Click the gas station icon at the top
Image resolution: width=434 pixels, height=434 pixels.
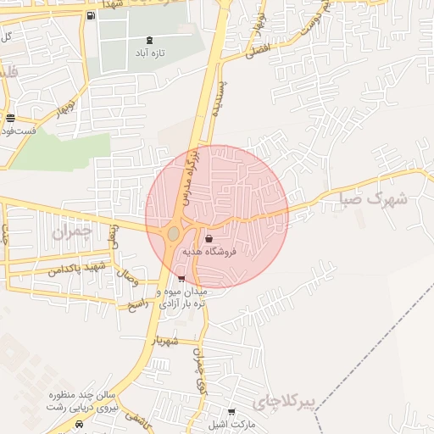click(x=91, y=15)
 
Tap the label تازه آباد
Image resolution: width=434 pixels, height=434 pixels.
click(x=150, y=53)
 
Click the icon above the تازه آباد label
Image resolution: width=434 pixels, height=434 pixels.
click(x=150, y=39)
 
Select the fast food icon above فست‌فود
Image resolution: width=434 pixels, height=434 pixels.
click(x=10, y=119)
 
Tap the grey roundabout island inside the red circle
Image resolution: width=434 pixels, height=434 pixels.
click(x=174, y=233)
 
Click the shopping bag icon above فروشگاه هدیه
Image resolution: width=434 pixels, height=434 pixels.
click(x=209, y=239)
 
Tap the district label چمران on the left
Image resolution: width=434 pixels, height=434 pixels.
click(x=70, y=231)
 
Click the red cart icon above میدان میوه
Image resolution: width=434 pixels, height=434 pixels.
click(x=181, y=278)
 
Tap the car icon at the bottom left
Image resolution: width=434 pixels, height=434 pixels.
click(x=80, y=424)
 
